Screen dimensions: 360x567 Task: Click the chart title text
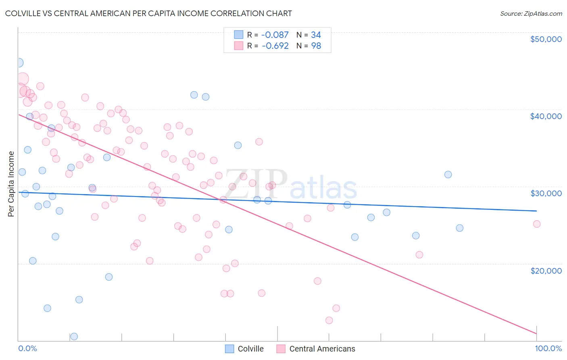[x=148, y=13]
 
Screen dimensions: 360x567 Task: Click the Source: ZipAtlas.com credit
[x=531, y=13]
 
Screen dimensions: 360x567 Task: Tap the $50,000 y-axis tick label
[x=546, y=39]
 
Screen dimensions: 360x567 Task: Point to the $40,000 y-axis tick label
[x=546, y=116]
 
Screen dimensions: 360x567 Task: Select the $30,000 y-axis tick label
[x=546, y=193]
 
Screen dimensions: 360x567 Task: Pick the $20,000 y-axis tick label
[x=546, y=270]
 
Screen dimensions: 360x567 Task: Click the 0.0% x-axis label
[x=27, y=348]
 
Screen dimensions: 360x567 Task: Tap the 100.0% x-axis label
[x=548, y=348]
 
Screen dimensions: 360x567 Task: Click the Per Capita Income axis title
[x=11, y=184]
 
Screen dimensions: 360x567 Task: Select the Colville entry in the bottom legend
[x=244, y=349]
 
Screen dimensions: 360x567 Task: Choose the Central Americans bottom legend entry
[x=316, y=349]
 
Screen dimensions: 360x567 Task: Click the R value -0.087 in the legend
[x=275, y=35]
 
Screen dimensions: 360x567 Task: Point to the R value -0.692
[x=275, y=46]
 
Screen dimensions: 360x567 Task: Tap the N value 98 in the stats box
[x=316, y=46]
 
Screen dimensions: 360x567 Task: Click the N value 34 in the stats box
[x=316, y=35]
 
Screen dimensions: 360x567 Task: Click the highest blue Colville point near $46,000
[x=19, y=63]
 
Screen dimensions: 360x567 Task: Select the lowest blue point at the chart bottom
[x=74, y=336]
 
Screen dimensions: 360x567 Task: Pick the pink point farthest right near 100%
[x=536, y=224]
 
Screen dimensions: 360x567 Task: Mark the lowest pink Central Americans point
[x=329, y=320]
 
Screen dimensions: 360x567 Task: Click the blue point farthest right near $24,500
[x=459, y=228]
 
